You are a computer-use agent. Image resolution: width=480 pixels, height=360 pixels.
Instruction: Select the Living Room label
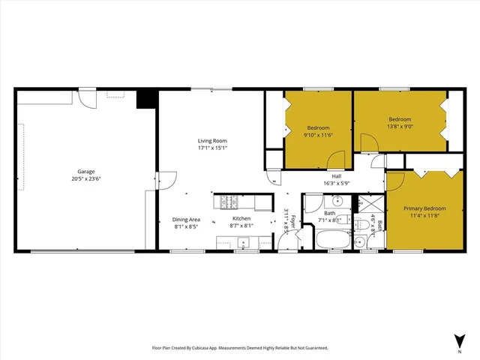pos(212,141)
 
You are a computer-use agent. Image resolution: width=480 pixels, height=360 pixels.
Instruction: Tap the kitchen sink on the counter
pos(242,241)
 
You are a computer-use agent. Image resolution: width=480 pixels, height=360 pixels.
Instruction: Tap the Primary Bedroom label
pos(424,208)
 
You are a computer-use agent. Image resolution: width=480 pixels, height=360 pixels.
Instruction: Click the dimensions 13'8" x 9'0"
pos(400,127)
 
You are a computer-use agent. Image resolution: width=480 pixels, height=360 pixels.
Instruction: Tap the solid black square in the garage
pos(145,100)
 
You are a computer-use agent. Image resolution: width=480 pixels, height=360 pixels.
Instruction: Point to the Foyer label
pos(294,222)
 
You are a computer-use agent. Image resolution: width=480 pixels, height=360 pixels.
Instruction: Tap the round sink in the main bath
pos(337,201)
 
